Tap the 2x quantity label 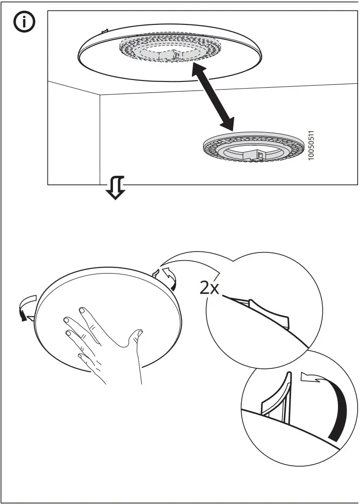tap(209, 288)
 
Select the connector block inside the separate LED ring tap(257, 154)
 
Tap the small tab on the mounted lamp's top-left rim tap(105, 32)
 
